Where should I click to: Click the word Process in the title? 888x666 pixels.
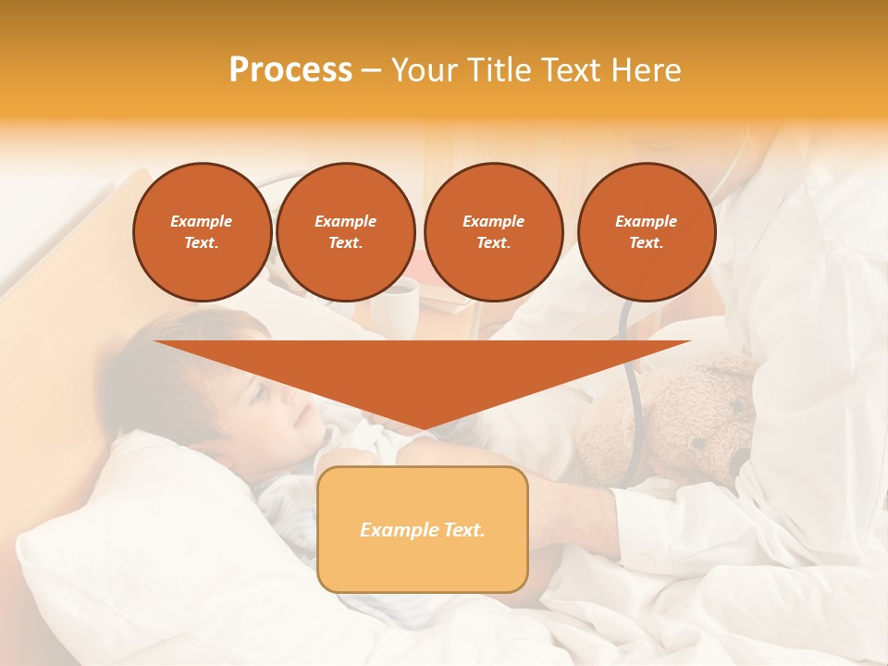(x=290, y=70)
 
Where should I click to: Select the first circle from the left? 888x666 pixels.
(x=202, y=232)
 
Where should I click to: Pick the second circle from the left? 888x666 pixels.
(x=345, y=232)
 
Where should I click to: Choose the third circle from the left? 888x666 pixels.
(x=493, y=232)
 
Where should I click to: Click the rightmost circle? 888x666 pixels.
(x=646, y=232)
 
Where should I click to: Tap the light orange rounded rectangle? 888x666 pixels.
(x=422, y=529)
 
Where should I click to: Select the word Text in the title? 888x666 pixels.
(x=576, y=70)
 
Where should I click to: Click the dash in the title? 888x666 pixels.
(x=372, y=70)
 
